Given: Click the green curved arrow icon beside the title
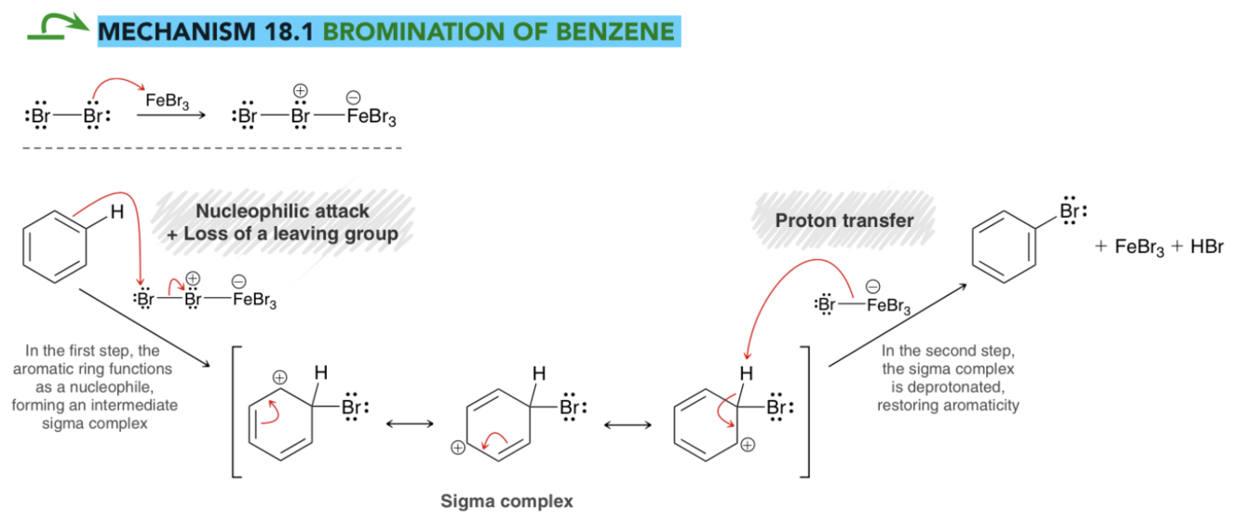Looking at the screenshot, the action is (58, 27).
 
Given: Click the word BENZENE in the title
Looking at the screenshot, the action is (614, 31).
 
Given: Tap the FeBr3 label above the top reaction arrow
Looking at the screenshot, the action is (167, 101).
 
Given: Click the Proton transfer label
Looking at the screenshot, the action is (844, 221).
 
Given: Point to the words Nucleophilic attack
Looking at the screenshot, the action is (282, 210).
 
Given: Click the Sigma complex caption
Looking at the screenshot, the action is (506, 501).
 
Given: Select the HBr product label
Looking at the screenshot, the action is (1207, 247).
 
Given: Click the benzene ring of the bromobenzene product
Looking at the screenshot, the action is (1004, 247).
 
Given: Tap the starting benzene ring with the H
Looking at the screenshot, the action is (54, 247).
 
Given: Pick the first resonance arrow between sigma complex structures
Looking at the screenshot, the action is (410, 424).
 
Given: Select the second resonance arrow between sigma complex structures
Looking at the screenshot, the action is (628, 425).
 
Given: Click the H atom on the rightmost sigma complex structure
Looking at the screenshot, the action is (747, 374).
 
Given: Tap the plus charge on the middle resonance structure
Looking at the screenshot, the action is (458, 448).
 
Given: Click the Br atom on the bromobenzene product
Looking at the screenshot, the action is (1070, 210).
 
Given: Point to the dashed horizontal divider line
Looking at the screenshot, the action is (212, 148).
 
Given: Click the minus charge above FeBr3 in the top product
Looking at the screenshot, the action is (353, 98).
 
